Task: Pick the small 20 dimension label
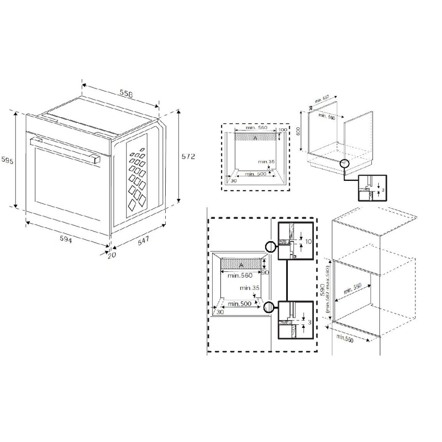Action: coord(111,255)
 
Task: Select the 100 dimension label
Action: coord(283,130)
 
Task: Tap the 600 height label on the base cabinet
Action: coord(298,131)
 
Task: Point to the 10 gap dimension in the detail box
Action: coord(308,242)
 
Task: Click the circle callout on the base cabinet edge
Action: coord(344,164)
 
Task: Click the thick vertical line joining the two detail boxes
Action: coord(288,279)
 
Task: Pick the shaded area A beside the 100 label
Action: coord(255,138)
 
